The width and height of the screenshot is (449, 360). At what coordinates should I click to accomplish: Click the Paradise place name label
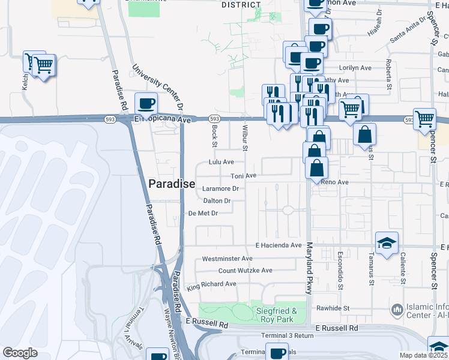(x=172, y=184)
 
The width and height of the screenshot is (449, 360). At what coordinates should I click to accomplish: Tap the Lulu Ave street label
(x=220, y=162)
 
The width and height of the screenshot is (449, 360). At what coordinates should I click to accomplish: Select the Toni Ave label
(x=244, y=176)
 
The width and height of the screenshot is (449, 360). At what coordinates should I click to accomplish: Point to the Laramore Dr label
(x=221, y=188)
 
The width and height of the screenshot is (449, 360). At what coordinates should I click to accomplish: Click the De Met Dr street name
(x=202, y=213)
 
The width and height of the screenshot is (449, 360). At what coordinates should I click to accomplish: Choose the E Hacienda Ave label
(x=278, y=245)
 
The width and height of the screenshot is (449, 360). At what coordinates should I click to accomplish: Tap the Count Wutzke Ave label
(x=245, y=271)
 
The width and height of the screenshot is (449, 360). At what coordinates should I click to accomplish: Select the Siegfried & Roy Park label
(x=277, y=315)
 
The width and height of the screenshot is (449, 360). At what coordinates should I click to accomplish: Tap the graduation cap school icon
(x=387, y=242)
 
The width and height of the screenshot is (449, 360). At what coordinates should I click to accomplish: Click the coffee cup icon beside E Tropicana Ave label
(x=146, y=103)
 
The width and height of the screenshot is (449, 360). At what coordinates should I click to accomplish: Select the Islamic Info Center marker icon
(x=397, y=310)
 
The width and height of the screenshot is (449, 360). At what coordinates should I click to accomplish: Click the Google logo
(x=20, y=353)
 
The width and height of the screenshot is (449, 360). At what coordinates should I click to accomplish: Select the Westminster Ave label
(x=227, y=259)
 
